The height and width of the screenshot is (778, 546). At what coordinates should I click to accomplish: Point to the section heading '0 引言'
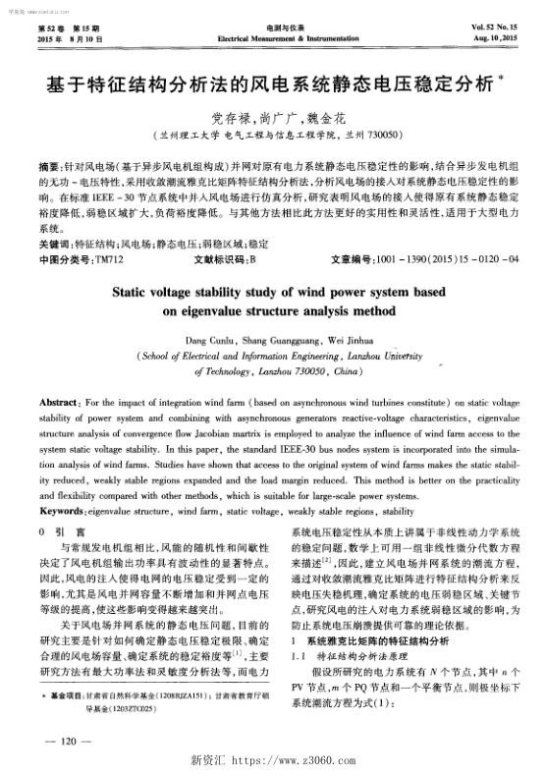(52, 530)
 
